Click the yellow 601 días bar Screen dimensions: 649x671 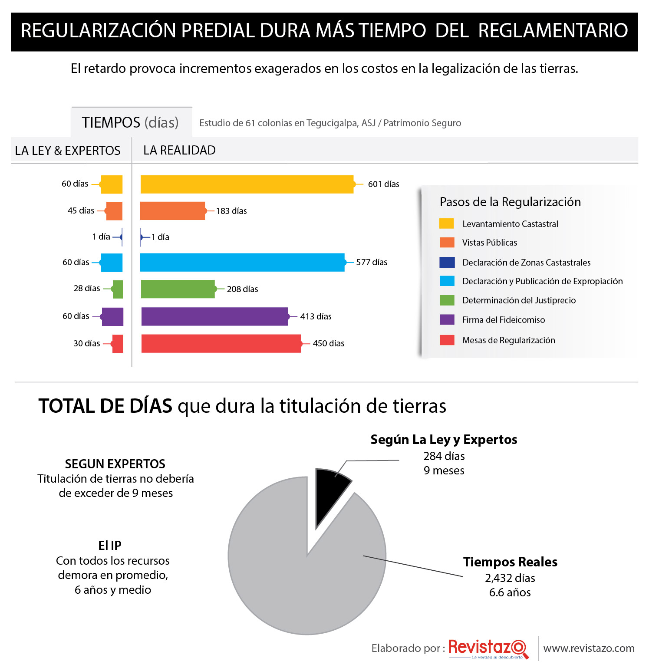[247, 184]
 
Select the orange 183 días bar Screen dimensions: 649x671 [172, 211]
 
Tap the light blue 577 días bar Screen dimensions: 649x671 [242, 262]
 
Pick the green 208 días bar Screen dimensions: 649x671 [178, 289]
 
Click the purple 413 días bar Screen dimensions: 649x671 [215, 316]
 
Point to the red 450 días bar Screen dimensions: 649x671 [221, 343]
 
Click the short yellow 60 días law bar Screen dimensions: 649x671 [112, 184]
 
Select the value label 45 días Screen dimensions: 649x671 [81, 211]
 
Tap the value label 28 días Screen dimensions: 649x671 [87, 288]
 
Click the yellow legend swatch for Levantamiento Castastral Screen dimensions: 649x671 [447, 224]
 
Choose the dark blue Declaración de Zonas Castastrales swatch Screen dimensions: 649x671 [447, 262]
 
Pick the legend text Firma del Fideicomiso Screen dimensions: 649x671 [504, 320]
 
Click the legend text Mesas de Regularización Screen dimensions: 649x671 [509, 340]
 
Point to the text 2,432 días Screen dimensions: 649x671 [510, 578]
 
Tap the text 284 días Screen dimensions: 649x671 [444, 456]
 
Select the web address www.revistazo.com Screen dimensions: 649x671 [589, 648]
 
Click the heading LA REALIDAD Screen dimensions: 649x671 [179, 150]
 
